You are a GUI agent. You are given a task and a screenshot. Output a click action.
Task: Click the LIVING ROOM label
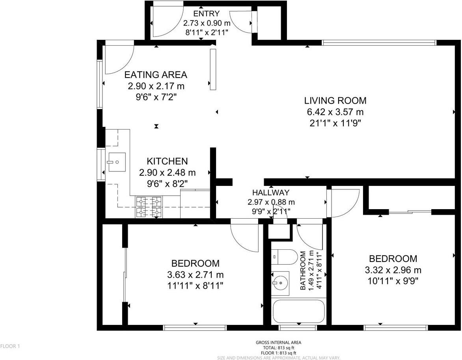335,101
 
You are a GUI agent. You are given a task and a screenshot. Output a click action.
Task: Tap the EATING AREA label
156,75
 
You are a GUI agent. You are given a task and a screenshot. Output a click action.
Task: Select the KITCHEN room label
167,161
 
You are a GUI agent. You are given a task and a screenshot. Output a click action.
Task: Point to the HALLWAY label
271,193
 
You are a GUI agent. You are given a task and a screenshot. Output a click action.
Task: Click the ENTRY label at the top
206,13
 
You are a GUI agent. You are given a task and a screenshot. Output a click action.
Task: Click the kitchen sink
117,162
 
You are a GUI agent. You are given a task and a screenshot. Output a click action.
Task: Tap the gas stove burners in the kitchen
149,207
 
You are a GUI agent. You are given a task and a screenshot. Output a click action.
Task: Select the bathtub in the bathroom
299,311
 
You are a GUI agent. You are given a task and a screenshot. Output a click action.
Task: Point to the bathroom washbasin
280,283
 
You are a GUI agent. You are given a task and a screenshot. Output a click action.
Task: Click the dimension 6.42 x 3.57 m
335,112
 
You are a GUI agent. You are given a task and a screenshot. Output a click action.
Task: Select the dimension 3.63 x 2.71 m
196,275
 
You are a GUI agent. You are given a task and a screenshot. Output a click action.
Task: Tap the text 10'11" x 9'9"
393,281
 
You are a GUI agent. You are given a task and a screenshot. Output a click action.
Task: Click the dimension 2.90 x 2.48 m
168,173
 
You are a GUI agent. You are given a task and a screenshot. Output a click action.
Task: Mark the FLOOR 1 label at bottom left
10,346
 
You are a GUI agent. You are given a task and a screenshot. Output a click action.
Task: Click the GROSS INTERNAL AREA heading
278,342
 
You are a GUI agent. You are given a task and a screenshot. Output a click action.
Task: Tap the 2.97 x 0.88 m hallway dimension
271,202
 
